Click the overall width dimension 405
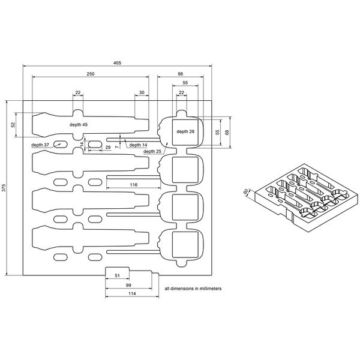coord(117,62)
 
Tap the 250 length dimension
coord(90,74)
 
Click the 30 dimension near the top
coord(142,92)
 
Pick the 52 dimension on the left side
coord(13,124)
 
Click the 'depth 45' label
coord(79,124)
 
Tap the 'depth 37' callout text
coord(40,145)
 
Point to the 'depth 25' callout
coord(154,152)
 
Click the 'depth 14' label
coord(138,145)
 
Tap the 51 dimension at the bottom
coord(117,275)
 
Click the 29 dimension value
coord(108,147)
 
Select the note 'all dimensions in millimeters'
coord(194,289)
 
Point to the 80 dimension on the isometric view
coord(245,191)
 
